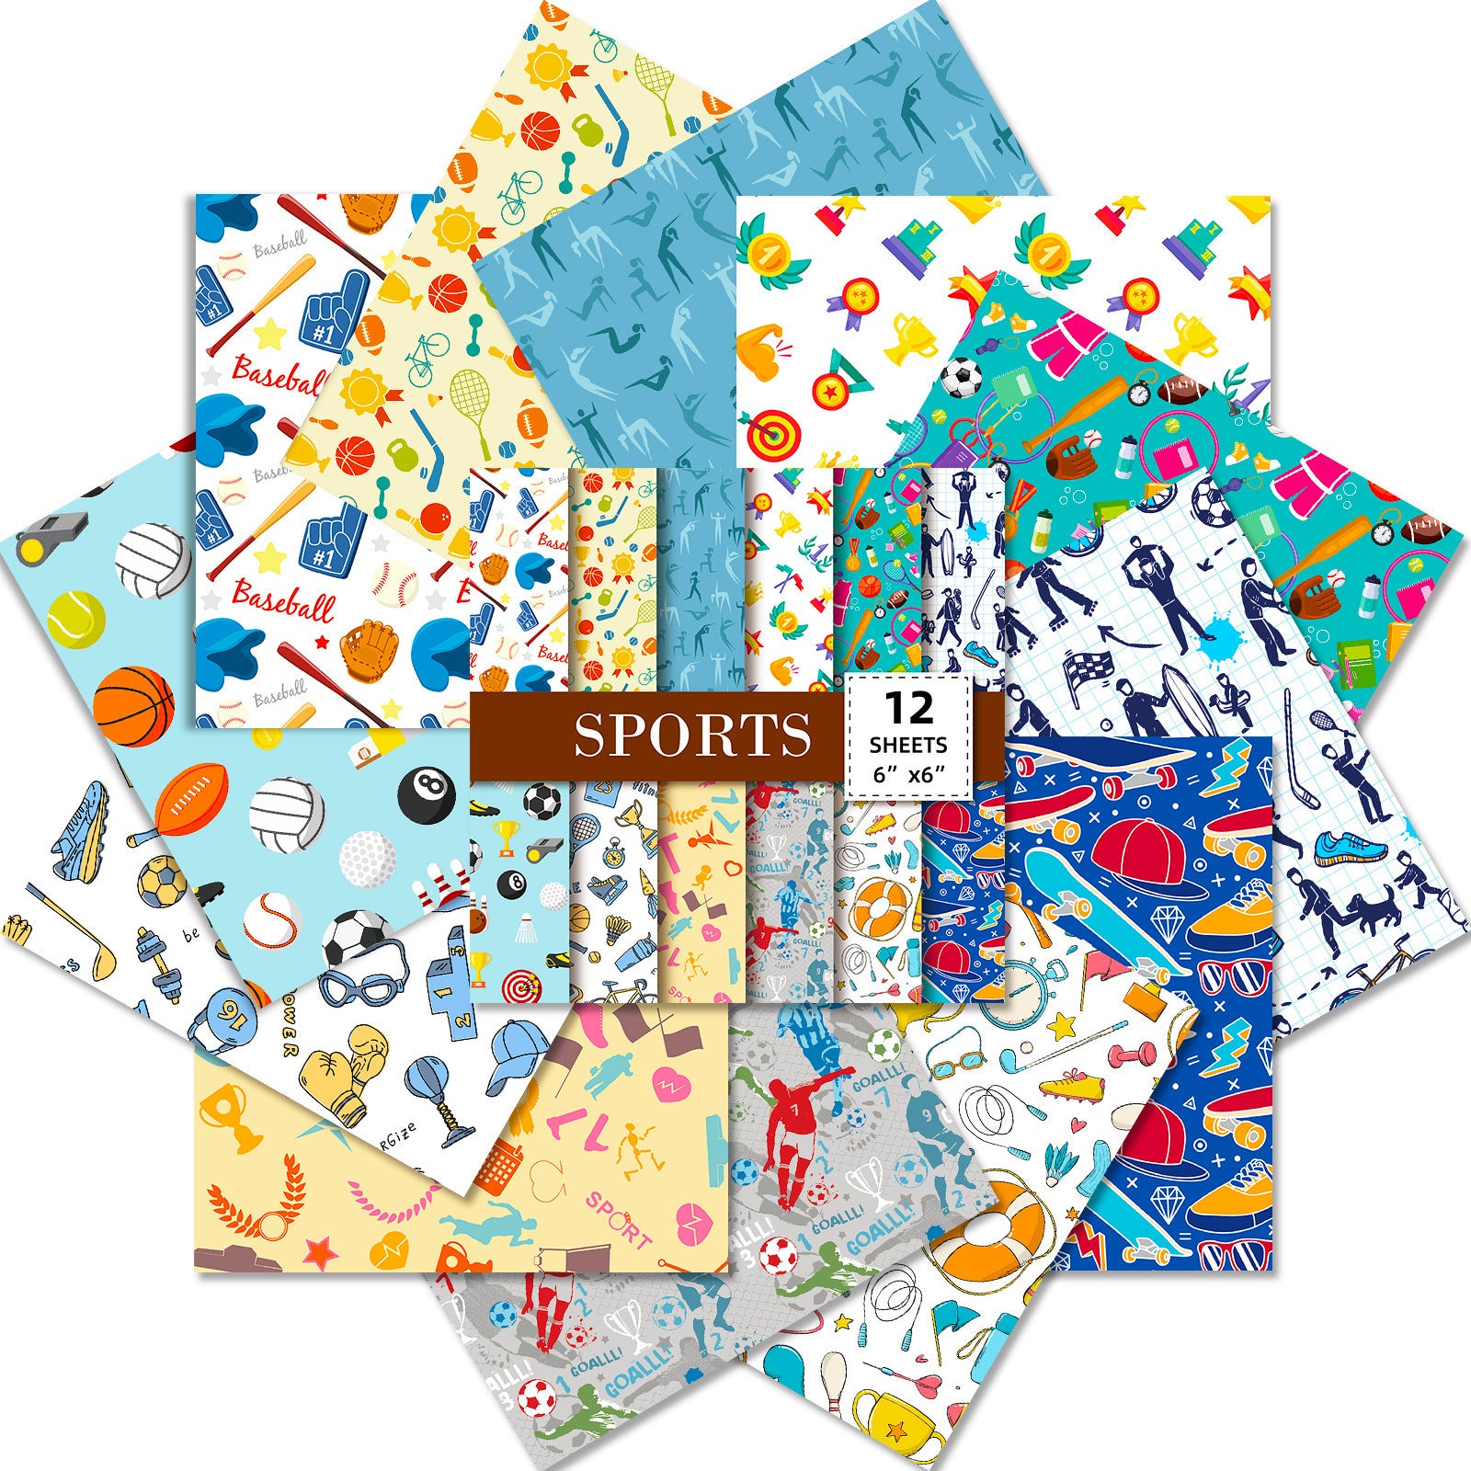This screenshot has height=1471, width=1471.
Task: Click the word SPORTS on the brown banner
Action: coord(692,734)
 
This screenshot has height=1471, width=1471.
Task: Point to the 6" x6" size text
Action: coord(908,775)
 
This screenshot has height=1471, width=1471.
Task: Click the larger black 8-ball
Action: coord(427,793)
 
